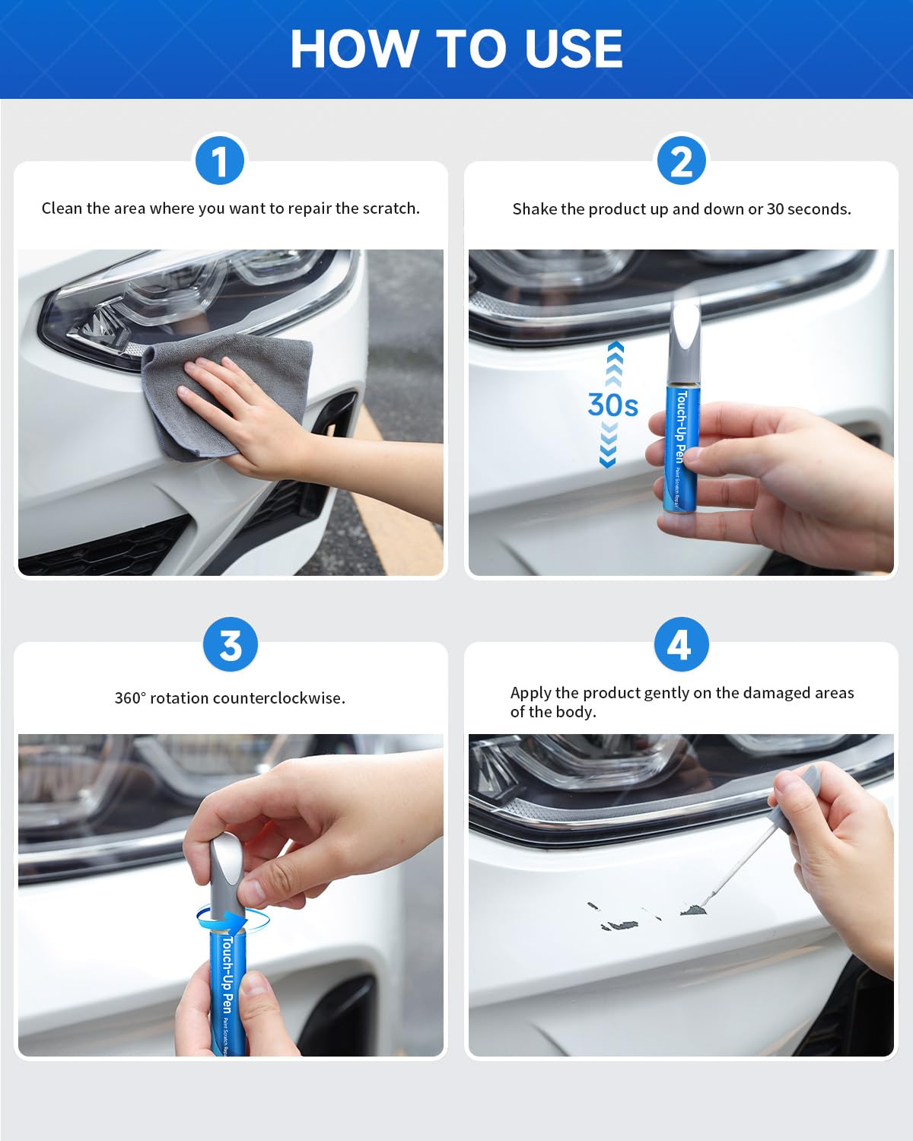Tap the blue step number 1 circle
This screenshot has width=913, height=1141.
point(220,161)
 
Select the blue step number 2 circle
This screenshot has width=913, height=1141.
point(681,161)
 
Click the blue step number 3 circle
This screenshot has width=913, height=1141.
point(231,645)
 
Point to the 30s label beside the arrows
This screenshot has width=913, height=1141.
point(612,405)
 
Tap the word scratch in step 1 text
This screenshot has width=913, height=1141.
point(389,208)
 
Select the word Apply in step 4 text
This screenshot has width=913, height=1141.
point(530,692)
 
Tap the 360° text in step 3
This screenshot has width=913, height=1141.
point(129,698)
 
